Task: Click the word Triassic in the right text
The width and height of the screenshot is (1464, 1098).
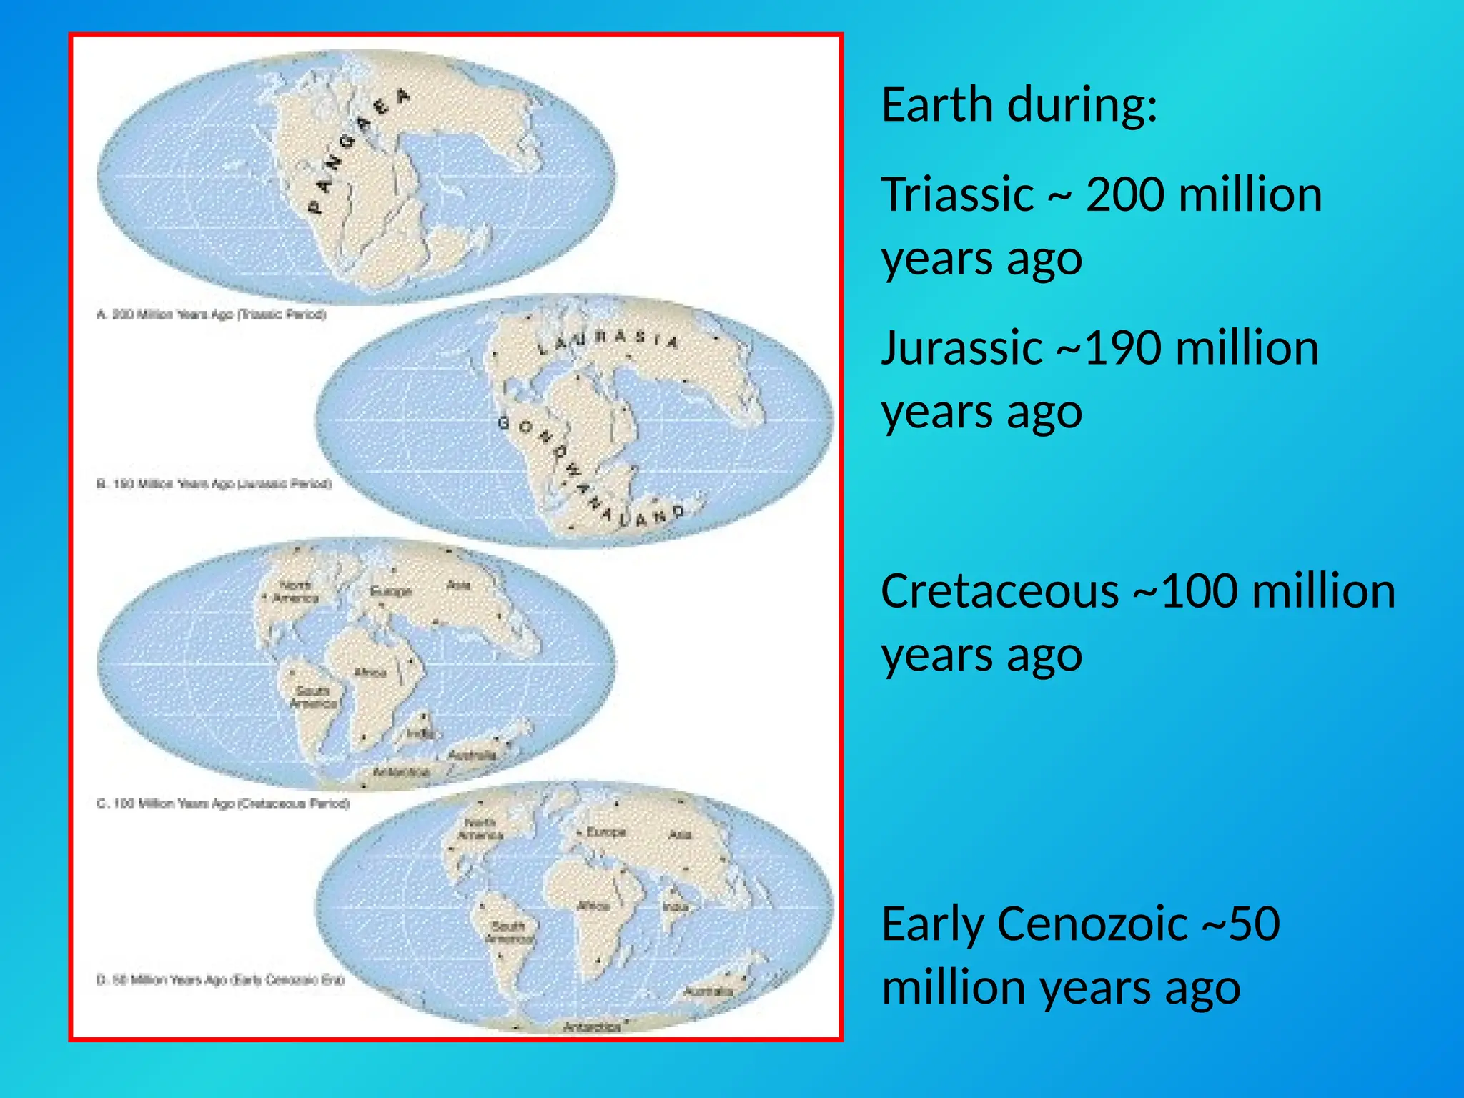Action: click(957, 194)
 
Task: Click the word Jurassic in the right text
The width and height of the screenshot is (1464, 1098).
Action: click(961, 348)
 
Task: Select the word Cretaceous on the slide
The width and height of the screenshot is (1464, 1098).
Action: click(999, 592)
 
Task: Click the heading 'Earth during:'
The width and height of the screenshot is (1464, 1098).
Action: click(1019, 105)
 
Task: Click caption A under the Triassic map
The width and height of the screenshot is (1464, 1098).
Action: click(211, 315)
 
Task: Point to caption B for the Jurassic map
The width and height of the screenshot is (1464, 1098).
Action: click(214, 484)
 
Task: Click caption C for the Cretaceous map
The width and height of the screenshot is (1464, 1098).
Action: click(223, 803)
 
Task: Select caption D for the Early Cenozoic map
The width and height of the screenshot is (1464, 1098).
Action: click(220, 979)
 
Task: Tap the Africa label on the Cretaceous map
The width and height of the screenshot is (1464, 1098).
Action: click(370, 672)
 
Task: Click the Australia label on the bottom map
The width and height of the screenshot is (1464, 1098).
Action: click(708, 991)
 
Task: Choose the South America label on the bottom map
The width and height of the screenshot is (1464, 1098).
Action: click(509, 932)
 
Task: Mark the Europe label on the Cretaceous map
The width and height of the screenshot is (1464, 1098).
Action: click(391, 592)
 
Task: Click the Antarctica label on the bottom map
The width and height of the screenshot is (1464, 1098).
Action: click(592, 1027)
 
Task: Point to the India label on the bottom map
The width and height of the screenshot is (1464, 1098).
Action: click(676, 907)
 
